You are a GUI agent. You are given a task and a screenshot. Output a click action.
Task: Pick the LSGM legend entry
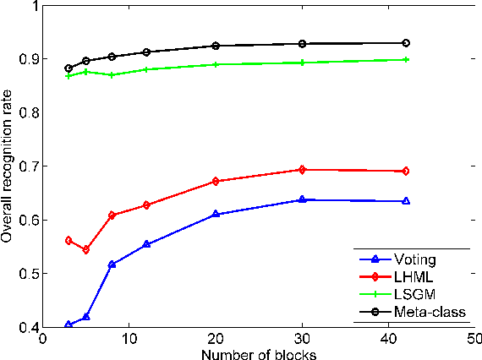coord(411,295)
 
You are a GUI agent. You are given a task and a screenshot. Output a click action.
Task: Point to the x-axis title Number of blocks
coord(258,354)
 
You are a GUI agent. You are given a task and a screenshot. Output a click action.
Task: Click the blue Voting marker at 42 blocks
coord(406,201)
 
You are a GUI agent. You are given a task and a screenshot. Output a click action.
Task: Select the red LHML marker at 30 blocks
coord(302,170)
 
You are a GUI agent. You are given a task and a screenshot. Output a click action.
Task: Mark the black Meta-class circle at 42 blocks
coord(406,42)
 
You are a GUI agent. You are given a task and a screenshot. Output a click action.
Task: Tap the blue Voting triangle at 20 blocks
coord(216,214)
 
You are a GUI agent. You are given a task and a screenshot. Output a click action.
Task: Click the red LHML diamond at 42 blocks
coord(406,171)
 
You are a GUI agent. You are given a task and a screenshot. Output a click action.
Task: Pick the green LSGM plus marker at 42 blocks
coord(406,59)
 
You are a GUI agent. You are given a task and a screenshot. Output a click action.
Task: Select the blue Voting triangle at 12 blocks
coord(146,244)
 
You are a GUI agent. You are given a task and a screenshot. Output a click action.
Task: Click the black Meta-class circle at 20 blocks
coord(216,46)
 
